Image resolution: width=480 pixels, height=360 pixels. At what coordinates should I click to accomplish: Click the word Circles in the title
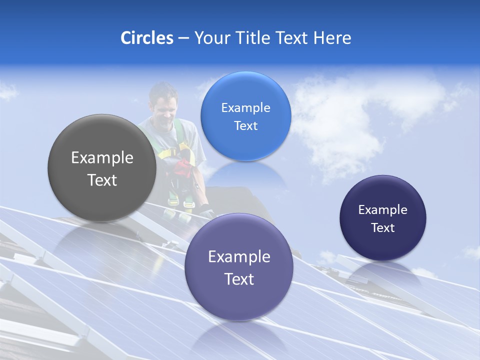coord(146,38)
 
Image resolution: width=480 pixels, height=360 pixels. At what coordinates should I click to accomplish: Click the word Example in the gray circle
coord(102,158)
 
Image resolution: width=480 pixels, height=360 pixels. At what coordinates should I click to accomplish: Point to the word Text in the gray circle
coord(102,180)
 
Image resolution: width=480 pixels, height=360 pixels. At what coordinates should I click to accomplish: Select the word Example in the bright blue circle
coord(245,108)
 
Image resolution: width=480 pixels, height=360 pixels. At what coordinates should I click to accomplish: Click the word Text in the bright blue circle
coord(245,126)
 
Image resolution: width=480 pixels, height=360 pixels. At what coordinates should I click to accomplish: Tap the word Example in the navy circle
coord(382,210)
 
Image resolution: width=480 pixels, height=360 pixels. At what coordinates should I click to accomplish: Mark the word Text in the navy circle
coord(382,228)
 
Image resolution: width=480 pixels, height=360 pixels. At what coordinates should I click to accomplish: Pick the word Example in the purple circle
coord(239,257)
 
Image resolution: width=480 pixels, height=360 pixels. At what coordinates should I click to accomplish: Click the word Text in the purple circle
coord(239,279)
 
